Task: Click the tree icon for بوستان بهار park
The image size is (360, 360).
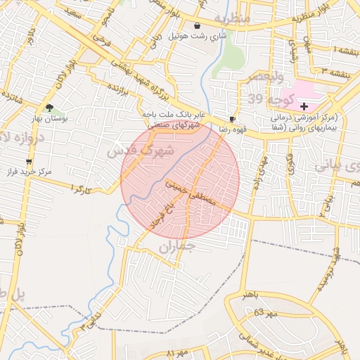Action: pos(49,108)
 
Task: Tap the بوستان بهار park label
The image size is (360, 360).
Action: pos(49,120)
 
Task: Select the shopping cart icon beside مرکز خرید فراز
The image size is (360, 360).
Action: pos(28,162)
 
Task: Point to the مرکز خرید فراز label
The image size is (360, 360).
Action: pos(34,172)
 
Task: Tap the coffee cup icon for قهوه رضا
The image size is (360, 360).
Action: pos(233,120)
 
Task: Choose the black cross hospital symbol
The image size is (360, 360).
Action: pos(304,105)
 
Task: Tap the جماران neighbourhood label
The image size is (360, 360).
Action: pos(175,246)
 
